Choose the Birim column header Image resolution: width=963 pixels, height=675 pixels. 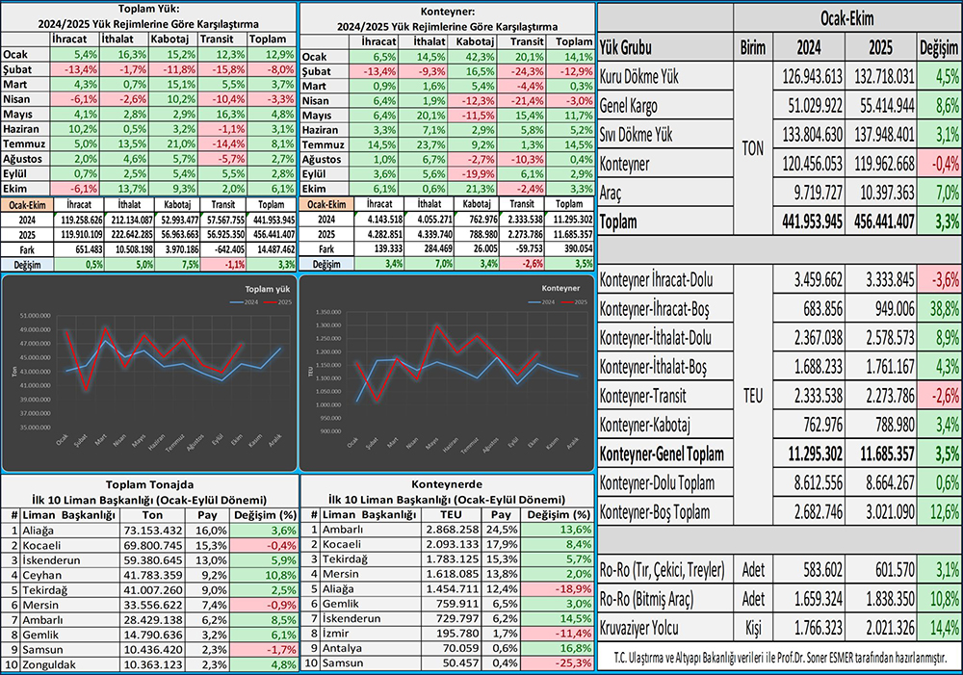[752, 46]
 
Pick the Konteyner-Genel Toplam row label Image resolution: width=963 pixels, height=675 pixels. [664, 454]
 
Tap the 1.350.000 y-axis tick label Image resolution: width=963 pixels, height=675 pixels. [328, 312]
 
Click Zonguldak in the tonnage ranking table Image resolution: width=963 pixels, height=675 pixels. [45, 665]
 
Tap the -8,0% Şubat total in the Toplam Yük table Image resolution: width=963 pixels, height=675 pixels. [271, 70]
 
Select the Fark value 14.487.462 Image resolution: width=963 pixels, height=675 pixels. [270, 248]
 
